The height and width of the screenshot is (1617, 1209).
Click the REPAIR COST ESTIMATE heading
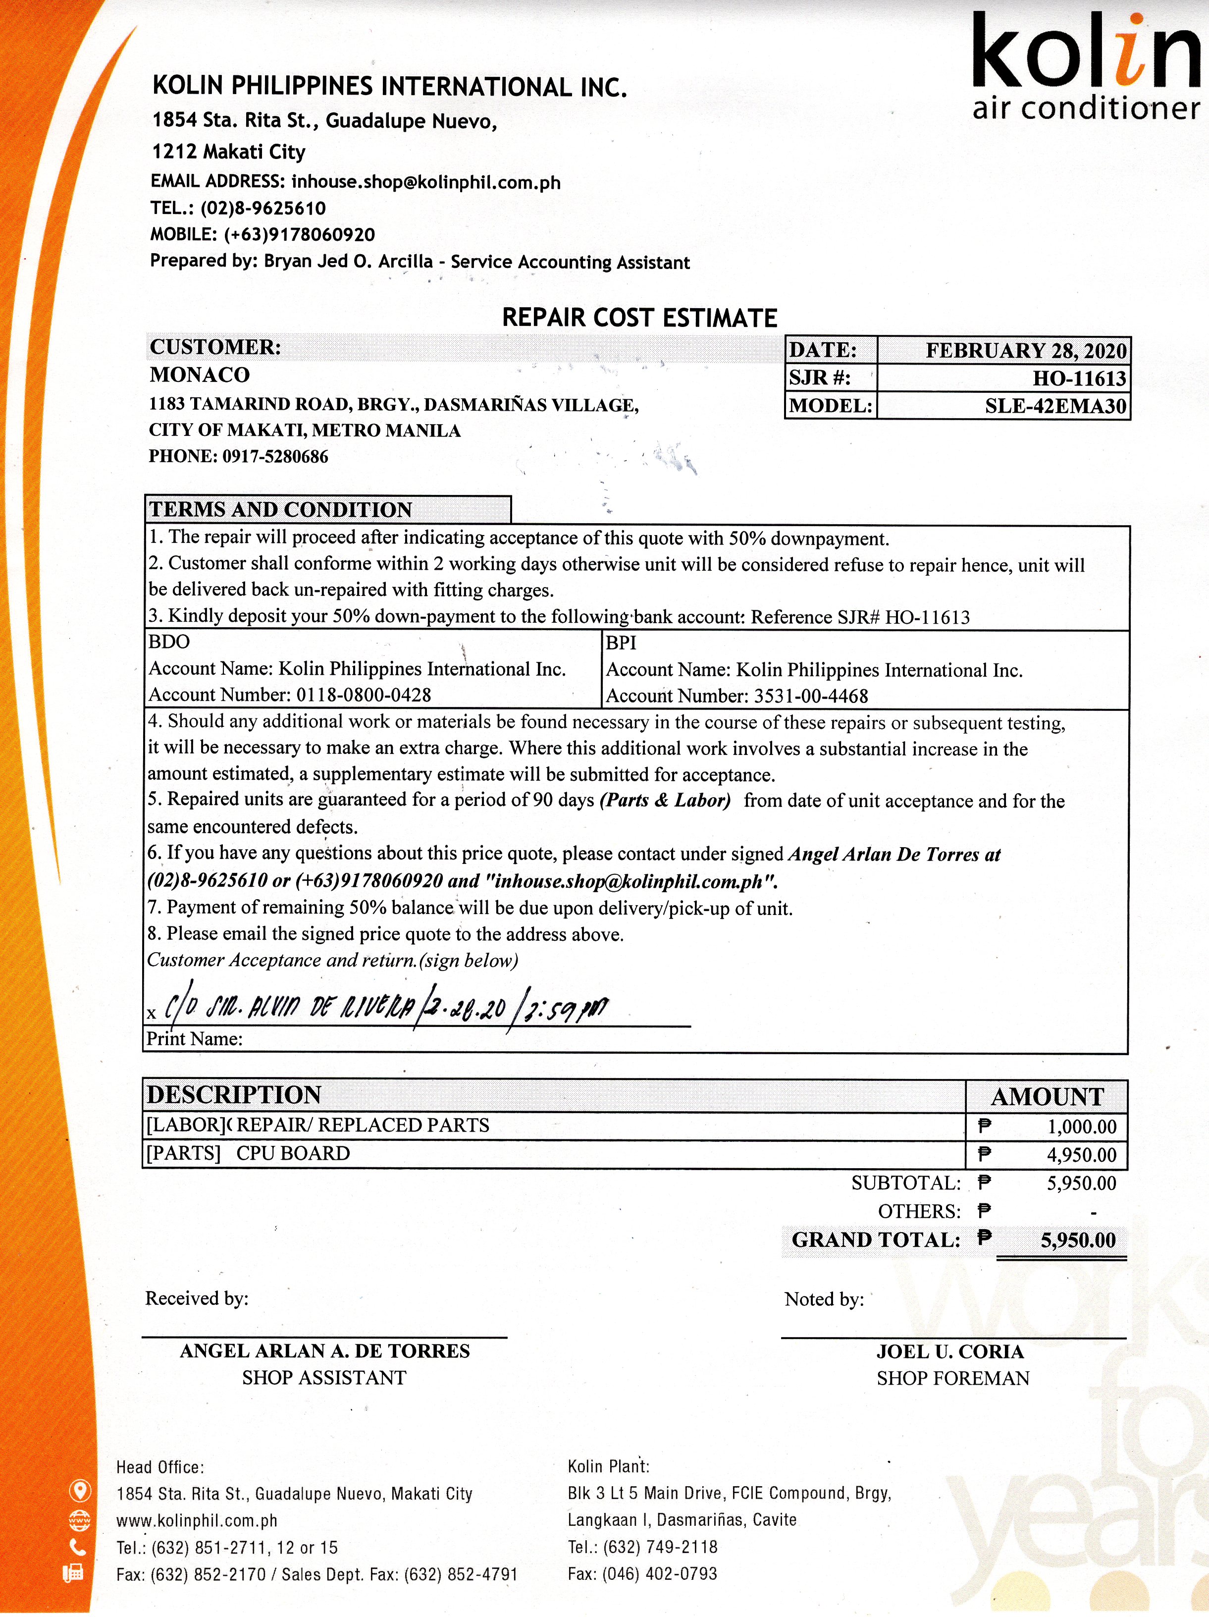(x=639, y=318)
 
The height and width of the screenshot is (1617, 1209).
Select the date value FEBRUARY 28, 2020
(x=1026, y=351)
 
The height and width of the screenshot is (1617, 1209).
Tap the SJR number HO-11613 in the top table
(x=1079, y=378)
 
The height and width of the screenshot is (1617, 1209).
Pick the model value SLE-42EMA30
(x=1055, y=406)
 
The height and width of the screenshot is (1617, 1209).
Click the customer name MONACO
(x=200, y=375)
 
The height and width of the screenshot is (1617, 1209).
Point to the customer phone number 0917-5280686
(x=275, y=457)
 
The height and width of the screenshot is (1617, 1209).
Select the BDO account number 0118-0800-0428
(x=363, y=695)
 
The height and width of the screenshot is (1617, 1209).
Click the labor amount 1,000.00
(x=1081, y=1127)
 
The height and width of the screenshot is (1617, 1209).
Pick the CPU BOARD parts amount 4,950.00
(x=1081, y=1155)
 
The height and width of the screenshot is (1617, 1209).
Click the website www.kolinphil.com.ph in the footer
(x=197, y=1520)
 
